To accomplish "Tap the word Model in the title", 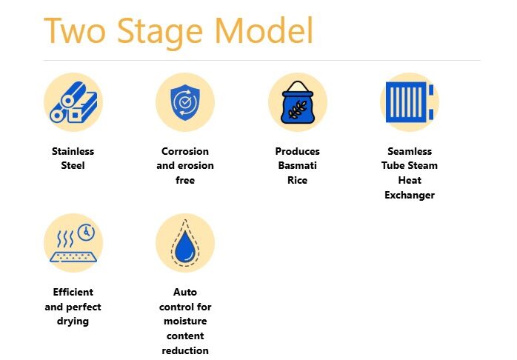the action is pos(264,30).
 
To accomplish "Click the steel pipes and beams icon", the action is pos(73,102).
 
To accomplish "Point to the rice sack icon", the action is pos(298,102).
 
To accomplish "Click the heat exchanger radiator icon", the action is pos(410,102).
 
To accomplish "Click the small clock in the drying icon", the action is pos(86,233).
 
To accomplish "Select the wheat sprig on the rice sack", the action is pos(298,110).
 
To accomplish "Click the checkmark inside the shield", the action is pos(185,102).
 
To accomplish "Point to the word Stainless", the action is pos(73,151).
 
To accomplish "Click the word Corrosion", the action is pos(185,151).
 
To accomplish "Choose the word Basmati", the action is pos(298,165).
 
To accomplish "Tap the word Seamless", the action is pos(410,151).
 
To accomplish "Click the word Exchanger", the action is pos(410,195).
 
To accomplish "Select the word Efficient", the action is pos(73,292).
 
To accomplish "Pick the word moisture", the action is pos(185,321).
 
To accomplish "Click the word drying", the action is pos(73,321).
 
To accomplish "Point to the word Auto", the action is pos(185,292).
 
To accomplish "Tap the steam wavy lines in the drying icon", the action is pos(65,239).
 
